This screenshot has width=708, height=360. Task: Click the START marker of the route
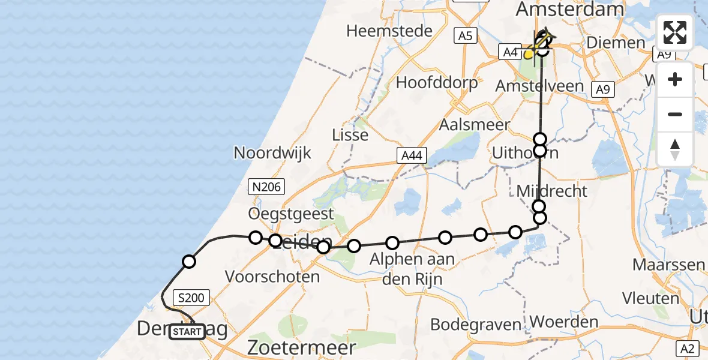(x=187, y=331)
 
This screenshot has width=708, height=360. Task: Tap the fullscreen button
(x=675, y=32)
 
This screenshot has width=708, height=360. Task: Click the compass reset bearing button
(x=675, y=149)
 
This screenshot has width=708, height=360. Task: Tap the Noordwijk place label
(x=272, y=152)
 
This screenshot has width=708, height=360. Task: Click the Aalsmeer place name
(x=475, y=125)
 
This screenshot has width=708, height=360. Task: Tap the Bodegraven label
(x=476, y=325)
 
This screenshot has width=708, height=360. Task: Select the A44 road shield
(x=412, y=156)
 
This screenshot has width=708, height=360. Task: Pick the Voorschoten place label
(x=272, y=277)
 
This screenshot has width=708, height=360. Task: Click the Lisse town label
(x=350, y=135)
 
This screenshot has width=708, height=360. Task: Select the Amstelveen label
(x=539, y=86)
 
